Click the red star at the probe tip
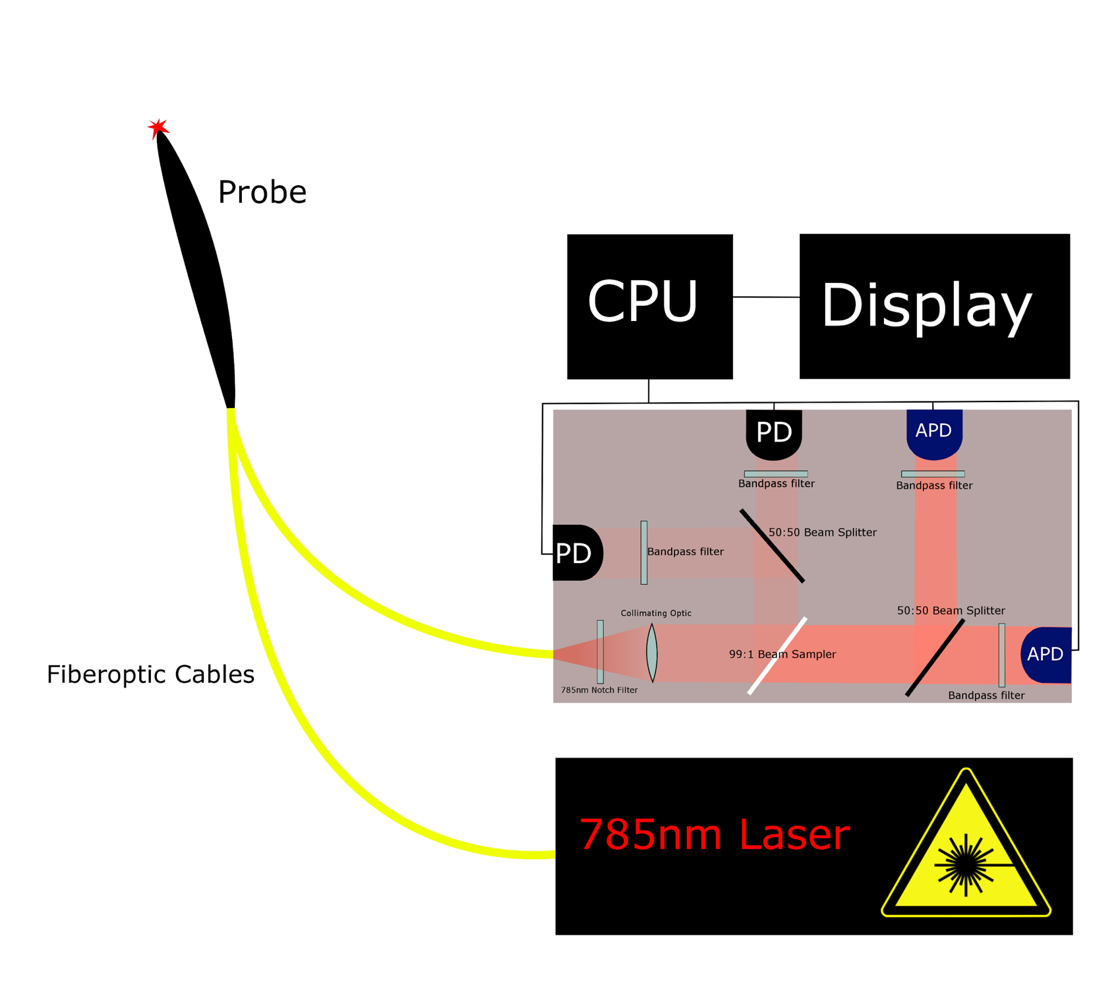click(158, 127)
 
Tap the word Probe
click(262, 193)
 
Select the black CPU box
click(649, 306)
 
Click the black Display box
click(933, 306)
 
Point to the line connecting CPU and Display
click(766, 297)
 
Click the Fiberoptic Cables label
click(150, 674)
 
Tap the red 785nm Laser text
click(714, 835)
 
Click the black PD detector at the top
click(773, 433)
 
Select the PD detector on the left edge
click(575, 553)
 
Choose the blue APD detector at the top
click(934, 432)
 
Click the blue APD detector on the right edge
click(1047, 654)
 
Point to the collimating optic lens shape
click(652, 653)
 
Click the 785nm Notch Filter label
click(599, 690)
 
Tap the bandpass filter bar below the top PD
click(776, 474)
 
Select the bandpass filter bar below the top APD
click(933, 474)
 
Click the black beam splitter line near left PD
click(772, 546)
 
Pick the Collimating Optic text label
click(656, 613)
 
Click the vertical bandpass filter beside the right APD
click(1002, 655)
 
